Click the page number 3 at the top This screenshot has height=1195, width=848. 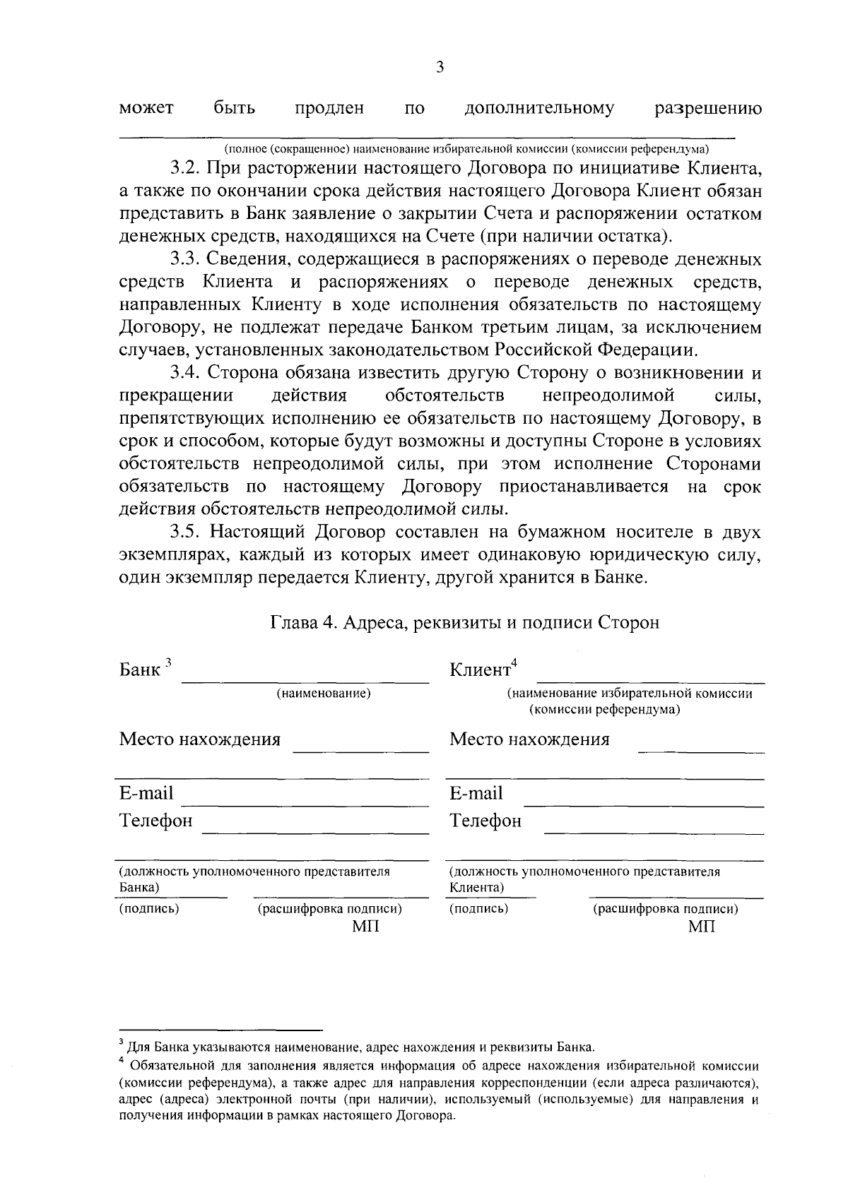point(440,67)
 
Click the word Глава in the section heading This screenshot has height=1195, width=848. point(293,622)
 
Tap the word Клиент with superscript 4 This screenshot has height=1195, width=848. point(481,669)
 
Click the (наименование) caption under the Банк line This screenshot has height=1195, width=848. point(324,694)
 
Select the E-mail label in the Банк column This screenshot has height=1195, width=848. point(146,793)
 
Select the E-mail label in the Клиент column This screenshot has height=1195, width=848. point(476,793)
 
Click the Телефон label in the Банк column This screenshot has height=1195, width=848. point(155,821)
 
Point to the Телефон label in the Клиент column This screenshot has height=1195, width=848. point(485,821)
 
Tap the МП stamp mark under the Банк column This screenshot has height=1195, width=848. point(365,926)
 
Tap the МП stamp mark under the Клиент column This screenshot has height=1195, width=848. point(701,926)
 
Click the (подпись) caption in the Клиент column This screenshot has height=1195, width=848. point(478,908)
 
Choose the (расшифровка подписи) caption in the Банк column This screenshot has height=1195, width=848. point(329,909)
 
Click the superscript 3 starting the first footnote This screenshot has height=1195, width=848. point(122,1042)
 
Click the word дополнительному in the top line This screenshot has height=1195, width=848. point(539,108)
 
